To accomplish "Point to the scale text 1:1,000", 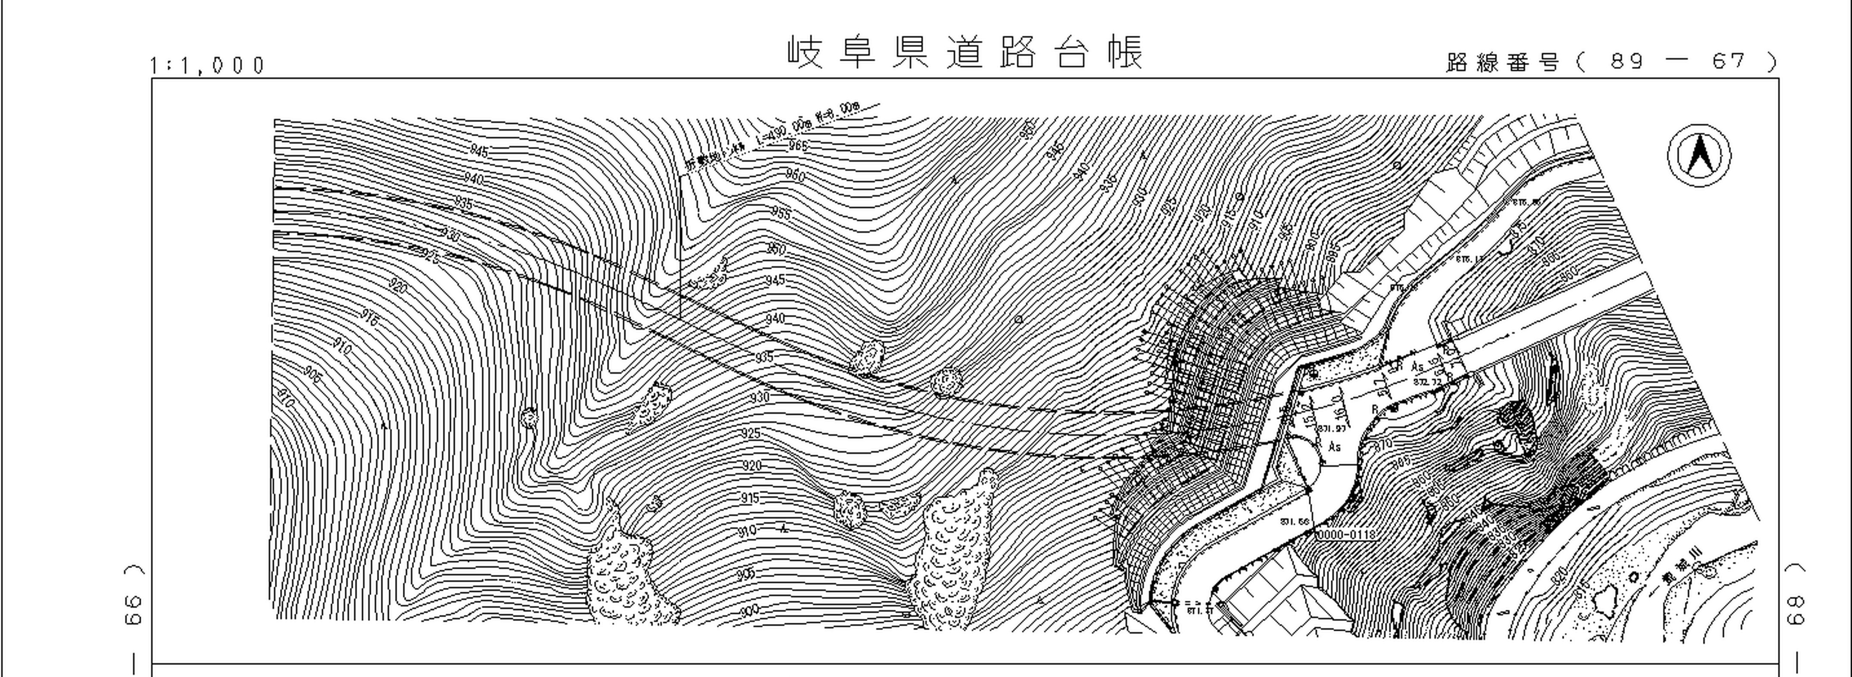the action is pos(208,65).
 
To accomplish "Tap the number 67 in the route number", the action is pos(1728,62).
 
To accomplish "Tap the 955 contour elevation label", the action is pos(781,214).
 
